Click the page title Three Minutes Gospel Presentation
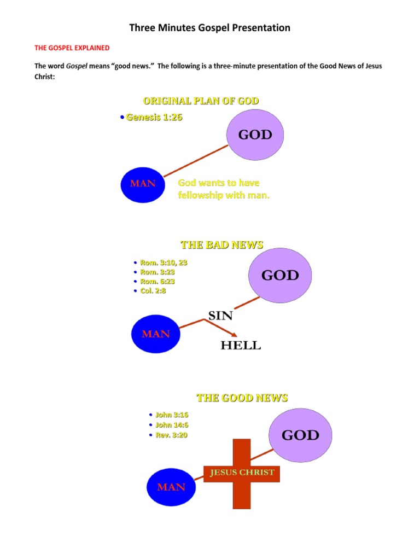[x=209, y=28]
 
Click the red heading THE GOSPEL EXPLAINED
[x=72, y=48]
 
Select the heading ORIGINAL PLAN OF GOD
[x=201, y=101]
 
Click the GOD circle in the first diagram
[x=255, y=135]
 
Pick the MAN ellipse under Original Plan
[x=143, y=184]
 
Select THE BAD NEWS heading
[x=221, y=244]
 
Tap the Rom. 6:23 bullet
[x=157, y=281]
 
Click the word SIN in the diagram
[x=220, y=316]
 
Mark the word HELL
[x=241, y=345]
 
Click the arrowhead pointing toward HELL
[x=234, y=334]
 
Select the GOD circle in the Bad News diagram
[x=280, y=276]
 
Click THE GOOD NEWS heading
[x=242, y=398]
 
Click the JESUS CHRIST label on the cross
[x=241, y=472]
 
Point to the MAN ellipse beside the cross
[x=171, y=487]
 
